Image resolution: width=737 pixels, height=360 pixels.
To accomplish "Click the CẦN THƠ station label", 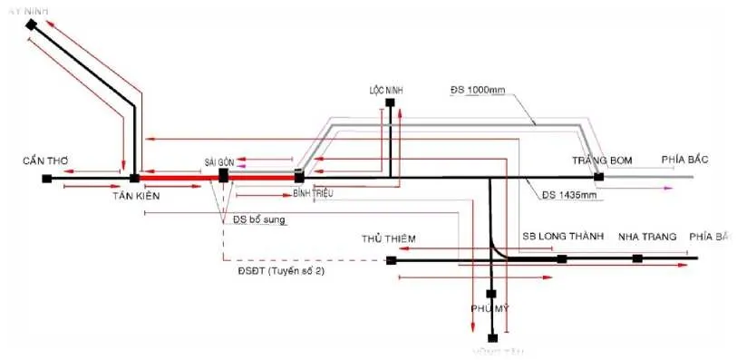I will coord(47,161).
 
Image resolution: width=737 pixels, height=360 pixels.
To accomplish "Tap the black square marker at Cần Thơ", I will coord(46,179).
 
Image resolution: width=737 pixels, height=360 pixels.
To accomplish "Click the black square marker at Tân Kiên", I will coord(134,179).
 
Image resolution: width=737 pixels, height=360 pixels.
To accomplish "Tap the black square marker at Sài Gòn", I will coord(223,176).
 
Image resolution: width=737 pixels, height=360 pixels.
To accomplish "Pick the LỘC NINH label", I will coord(385,91).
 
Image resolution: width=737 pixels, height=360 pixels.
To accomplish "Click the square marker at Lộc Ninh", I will coord(390,104).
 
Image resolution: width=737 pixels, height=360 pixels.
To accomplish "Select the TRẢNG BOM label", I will coord(601,161).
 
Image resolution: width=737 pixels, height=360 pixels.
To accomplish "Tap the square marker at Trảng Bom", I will coord(598,177).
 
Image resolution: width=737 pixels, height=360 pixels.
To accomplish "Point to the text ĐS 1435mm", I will coord(568,194).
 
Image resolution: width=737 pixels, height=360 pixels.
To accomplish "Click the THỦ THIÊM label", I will coord(388,238).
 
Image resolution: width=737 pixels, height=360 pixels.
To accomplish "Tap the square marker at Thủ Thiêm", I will coord(392,260).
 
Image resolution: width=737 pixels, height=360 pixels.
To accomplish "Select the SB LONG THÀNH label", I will coord(562,237).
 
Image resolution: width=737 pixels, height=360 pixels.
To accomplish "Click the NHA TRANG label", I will coord(647,237).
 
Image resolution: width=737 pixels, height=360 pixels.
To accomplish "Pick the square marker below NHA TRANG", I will coord(637,258).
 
